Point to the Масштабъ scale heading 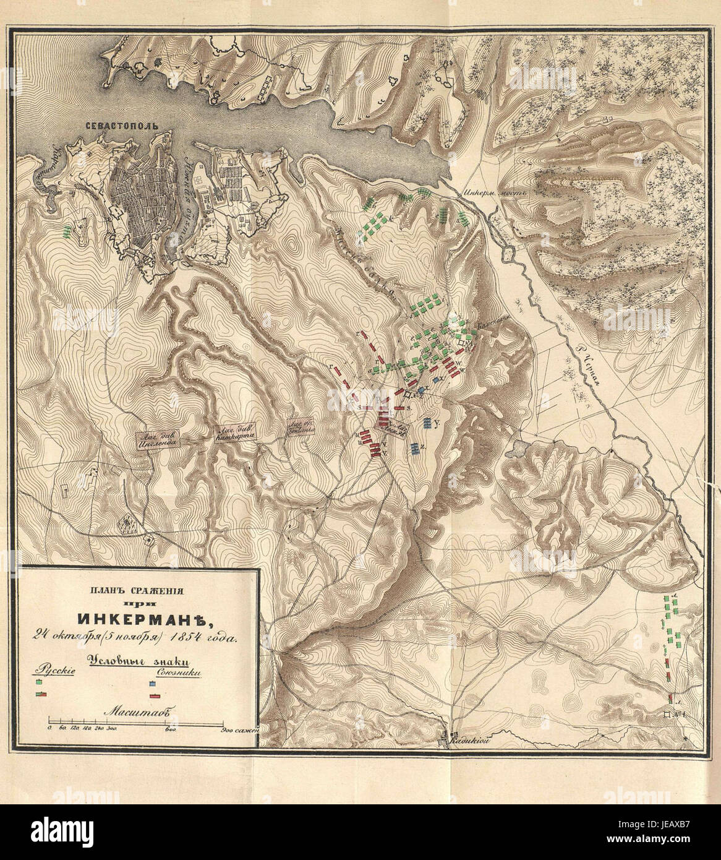click(132, 711)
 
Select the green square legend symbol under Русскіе click(40, 681)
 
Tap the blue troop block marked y click(429, 423)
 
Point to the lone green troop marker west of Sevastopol click(66, 232)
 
